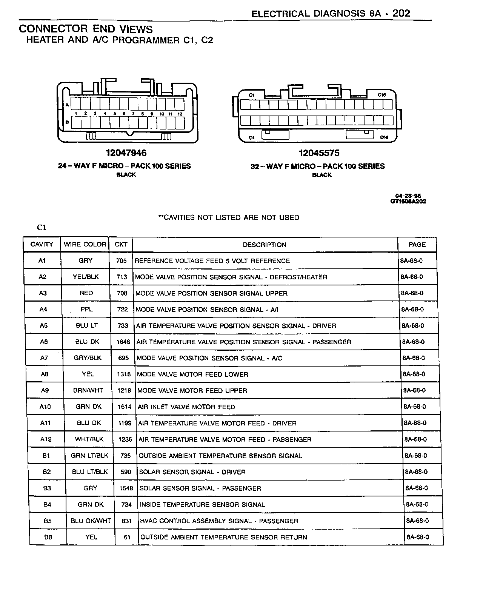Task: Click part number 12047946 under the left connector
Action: coord(126,153)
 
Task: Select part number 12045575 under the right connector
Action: coord(319,153)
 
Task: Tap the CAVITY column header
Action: coord(42,244)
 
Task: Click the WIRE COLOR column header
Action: coord(85,244)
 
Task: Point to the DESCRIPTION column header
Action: coord(265,245)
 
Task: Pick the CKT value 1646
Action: coord(123,342)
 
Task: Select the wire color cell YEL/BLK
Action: coord(86,277)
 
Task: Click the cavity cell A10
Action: coord(45,407)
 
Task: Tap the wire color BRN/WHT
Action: coord(88,390)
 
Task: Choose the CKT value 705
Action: coord(122,260)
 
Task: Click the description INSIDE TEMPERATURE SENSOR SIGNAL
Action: coord(202,505)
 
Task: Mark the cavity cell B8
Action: coord(48,537)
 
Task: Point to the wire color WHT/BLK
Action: coord(89,439)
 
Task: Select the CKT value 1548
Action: coord(126,488)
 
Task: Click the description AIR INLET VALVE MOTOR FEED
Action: coord(186,407)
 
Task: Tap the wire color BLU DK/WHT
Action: coord(91,521)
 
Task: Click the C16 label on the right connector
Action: coord(381,95)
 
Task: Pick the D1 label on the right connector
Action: coord(252,138)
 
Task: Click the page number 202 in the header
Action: coord(401,14)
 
